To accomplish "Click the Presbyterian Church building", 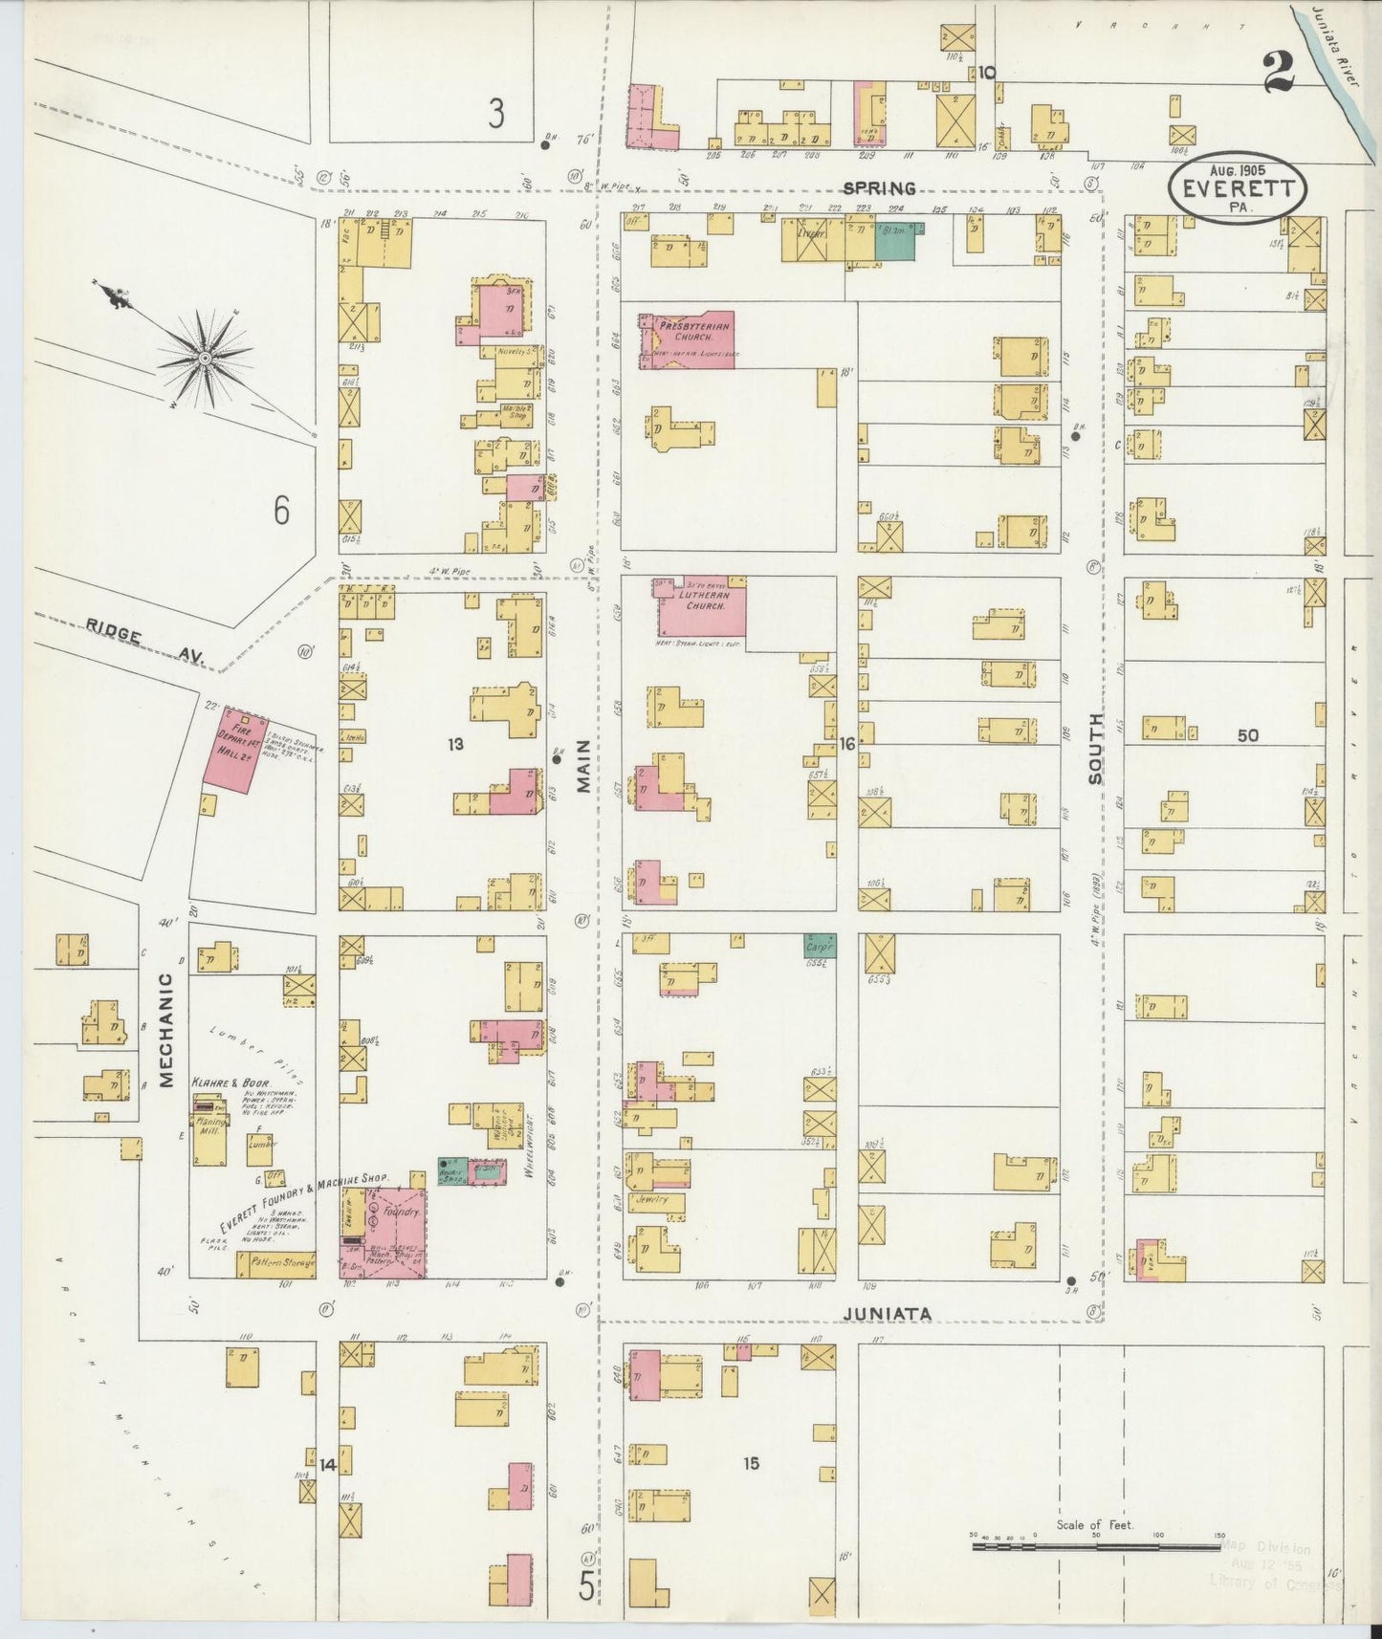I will (x=687, y=339).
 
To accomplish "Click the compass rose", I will (x=204, y=358).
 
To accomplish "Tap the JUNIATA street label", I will (x=888, y=1314).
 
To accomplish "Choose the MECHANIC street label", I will (x=165, y=1030).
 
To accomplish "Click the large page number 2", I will (x=1278, y=73).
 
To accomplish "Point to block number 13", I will (x=455, y=743).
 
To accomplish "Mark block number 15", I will (x=751, y=1463).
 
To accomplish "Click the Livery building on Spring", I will (x=812, y=239).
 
